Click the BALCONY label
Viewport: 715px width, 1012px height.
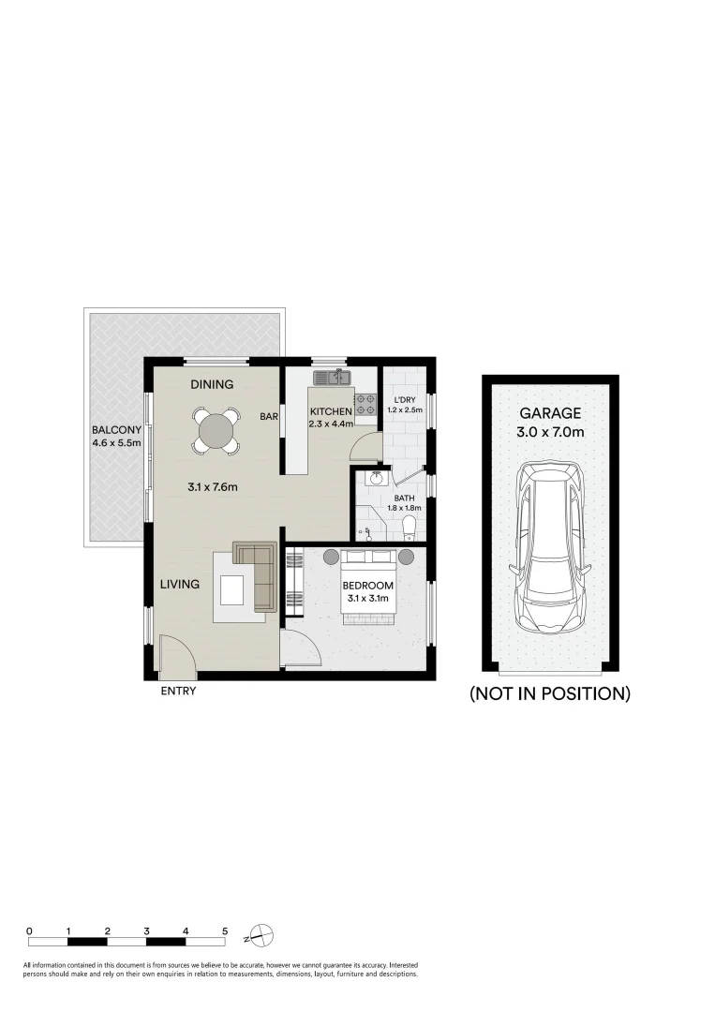(x=116, y=430)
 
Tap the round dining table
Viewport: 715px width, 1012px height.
(x=216, y=431)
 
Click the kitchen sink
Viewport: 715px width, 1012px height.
(x=332, y=378)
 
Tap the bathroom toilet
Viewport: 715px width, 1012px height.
(x=409, y=531)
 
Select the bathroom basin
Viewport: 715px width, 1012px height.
(x=377, y=479)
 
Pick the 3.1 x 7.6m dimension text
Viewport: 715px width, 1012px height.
(x=212, y=487)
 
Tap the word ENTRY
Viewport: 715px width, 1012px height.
(x=178, y=692)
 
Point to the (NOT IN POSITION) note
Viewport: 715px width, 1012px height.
(x=549, y=694)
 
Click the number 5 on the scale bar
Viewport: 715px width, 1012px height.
(x=225, y=931)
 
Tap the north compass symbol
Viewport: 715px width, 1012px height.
(x=263, y=935)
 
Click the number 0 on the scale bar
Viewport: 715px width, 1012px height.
(x=30, y=931)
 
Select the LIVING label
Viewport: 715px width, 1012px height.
(x=179, y=584)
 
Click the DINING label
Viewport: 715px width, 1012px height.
(x=212, y=384)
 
